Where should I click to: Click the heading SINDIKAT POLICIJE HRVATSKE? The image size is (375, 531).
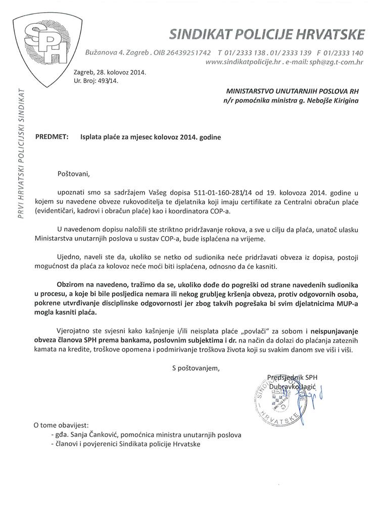point(267,34)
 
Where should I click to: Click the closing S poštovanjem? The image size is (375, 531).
point(196,368)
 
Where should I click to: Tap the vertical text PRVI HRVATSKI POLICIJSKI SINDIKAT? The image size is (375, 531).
point(21,147)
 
